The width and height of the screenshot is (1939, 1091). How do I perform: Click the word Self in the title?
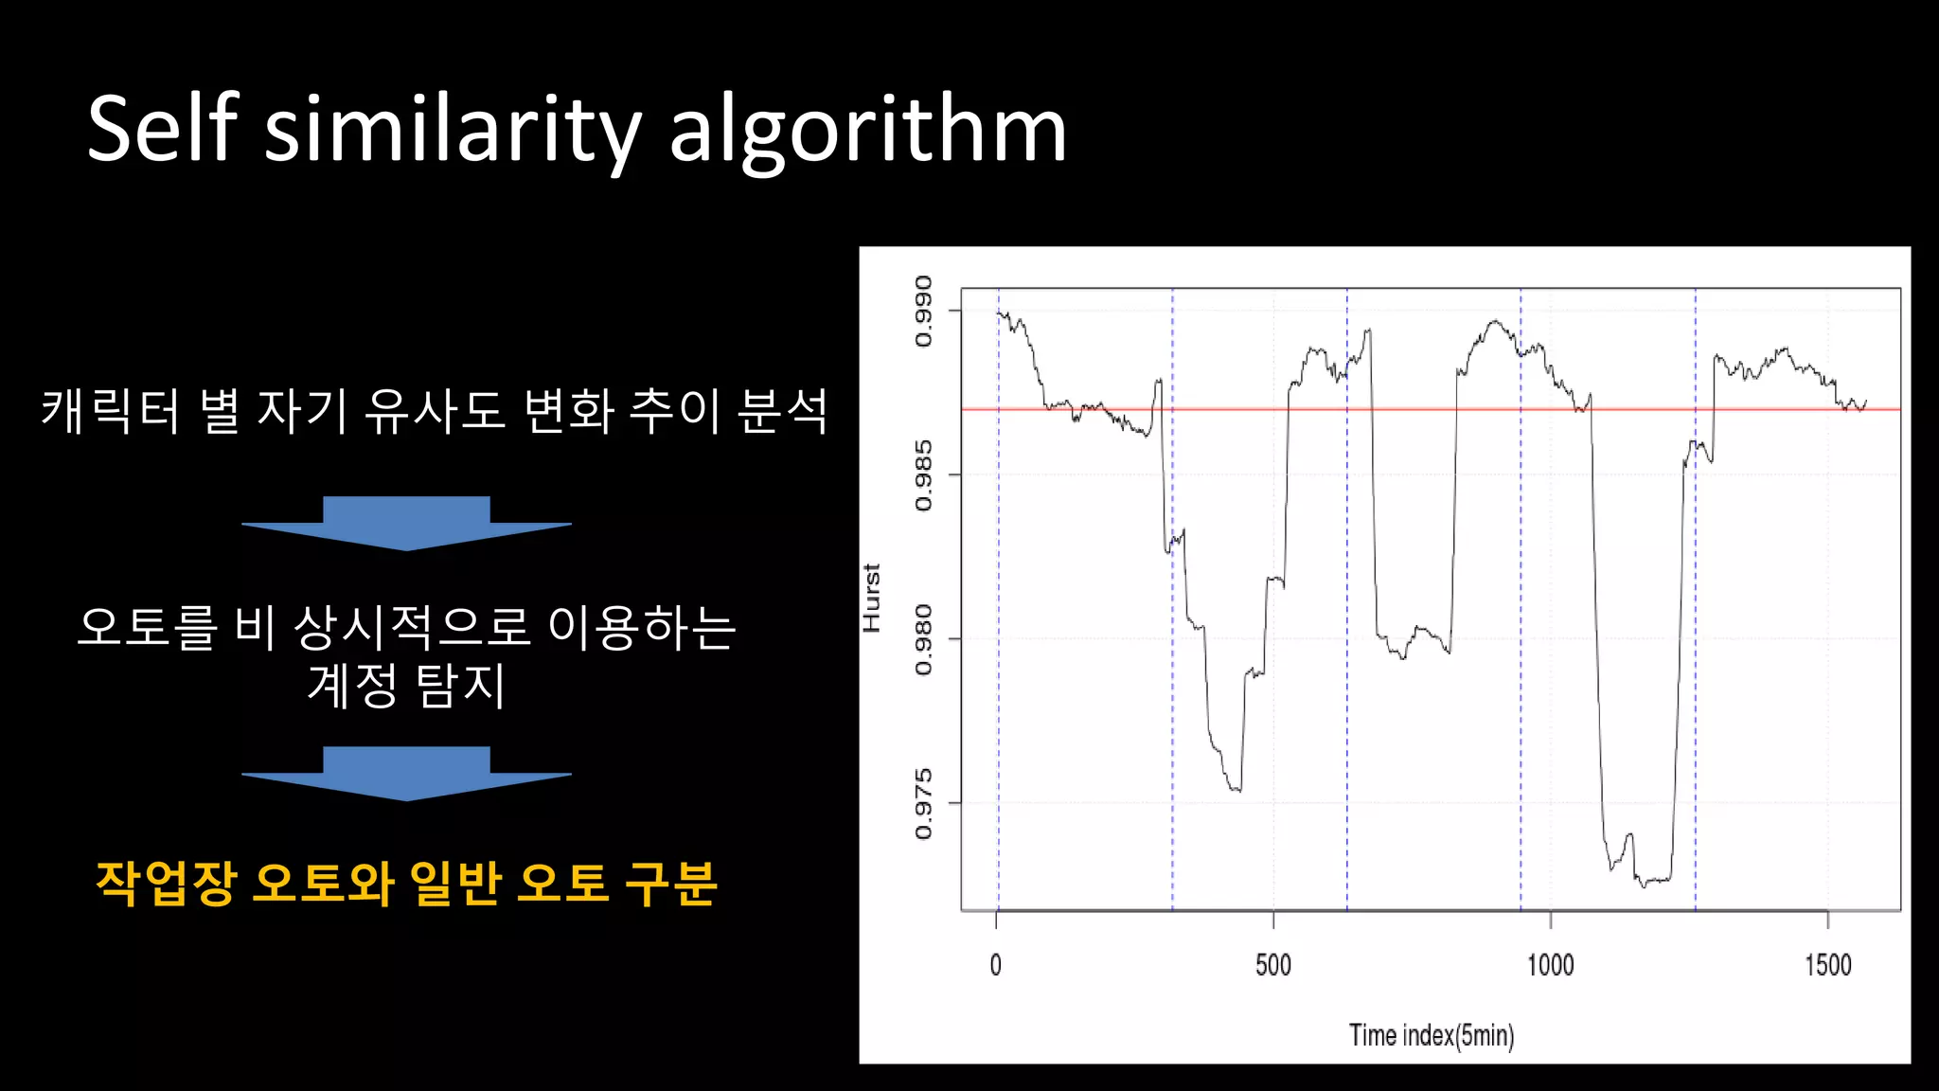[162, 130]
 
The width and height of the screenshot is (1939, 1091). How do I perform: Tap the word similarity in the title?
[454, 133]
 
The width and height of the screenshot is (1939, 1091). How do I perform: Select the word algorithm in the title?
[868, 133]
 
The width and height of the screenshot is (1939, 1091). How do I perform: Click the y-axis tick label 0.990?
[923, 312]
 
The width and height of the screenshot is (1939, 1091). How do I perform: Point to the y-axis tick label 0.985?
[923, 475]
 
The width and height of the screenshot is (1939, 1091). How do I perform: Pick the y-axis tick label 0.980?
[923, 640]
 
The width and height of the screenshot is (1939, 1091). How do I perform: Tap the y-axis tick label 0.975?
[923, 804]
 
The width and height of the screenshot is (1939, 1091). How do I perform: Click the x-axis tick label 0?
[995, 965]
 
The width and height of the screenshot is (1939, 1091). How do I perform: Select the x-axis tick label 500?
[1272, 965]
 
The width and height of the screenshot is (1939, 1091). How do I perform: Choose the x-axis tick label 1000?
[1550, 965]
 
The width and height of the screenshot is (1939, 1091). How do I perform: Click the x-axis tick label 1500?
[1827, 965]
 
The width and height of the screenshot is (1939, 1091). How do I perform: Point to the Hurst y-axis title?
[872, 598]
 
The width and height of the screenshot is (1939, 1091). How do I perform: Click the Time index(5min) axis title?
[1431, 1035]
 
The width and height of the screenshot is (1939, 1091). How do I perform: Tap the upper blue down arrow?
[406, 523]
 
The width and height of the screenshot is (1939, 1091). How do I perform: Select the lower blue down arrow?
[406, 773]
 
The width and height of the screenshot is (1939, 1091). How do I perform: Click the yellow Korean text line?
[406, 884]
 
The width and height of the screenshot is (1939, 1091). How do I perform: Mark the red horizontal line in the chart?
[1420, 409]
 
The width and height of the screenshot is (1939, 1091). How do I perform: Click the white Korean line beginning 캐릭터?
[434, 412]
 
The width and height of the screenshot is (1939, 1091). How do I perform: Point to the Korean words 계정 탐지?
[406, 686]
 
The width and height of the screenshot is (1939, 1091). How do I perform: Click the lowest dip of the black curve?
[1645, 885]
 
